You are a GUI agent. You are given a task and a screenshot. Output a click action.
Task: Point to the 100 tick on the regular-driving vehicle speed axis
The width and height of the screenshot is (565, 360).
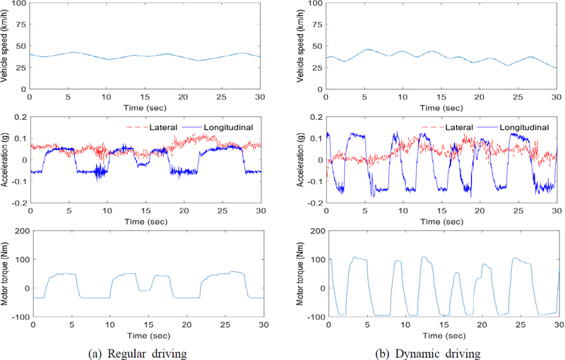(18, 4)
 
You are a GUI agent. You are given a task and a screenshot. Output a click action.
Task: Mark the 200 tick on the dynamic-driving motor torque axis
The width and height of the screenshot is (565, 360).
(314, 232)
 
